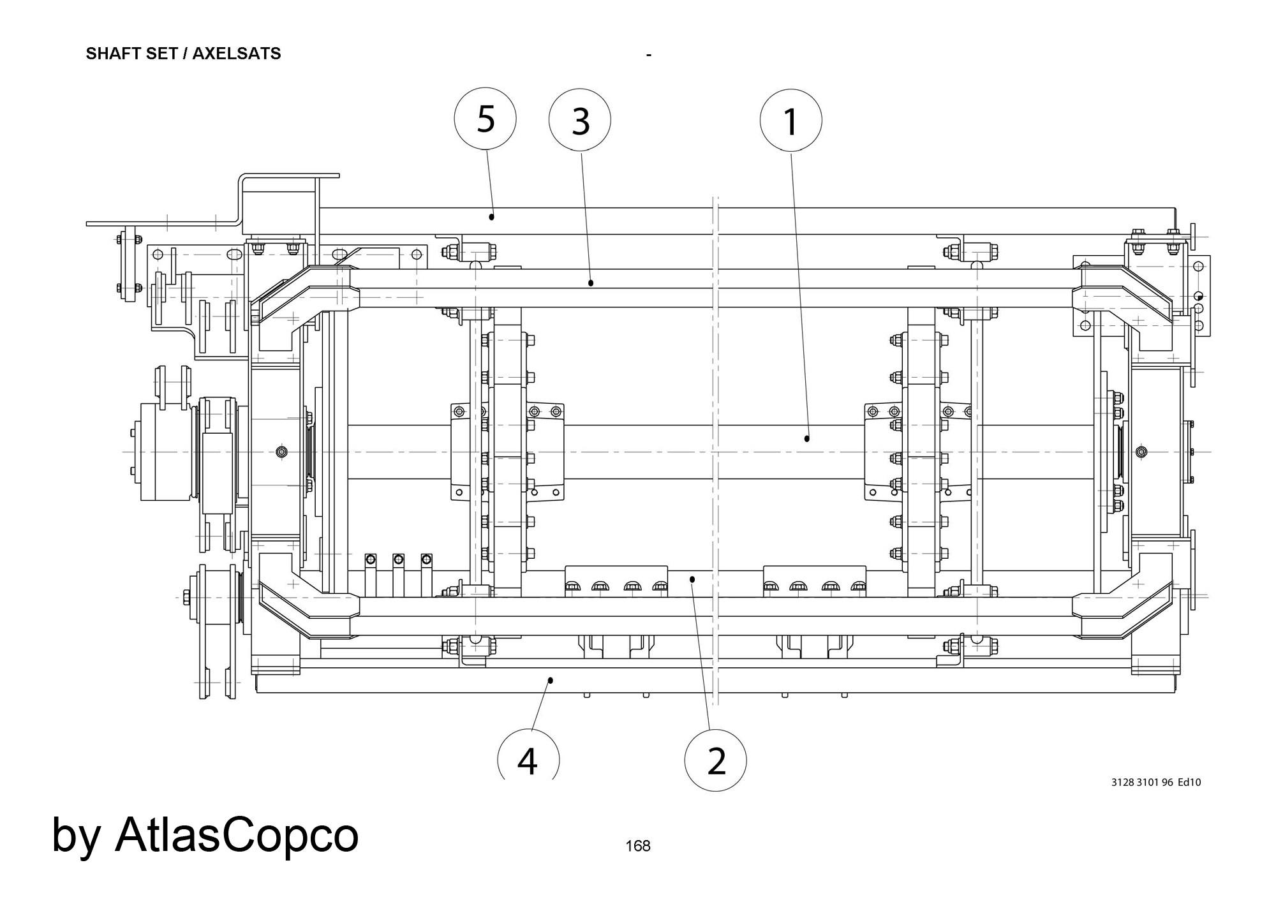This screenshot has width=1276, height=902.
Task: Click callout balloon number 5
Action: coord(485,119)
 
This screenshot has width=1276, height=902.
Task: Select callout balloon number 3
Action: coord(580,121)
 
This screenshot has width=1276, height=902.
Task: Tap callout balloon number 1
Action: coord(790,121)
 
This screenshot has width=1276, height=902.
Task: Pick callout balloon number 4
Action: coord(528,759)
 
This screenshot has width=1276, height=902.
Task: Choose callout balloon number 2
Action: coord(715,760)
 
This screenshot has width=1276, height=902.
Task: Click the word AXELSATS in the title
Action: coord(237,54)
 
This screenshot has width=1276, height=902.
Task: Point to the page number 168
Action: coord(638,846)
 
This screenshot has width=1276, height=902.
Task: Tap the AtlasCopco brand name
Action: coord(237,834)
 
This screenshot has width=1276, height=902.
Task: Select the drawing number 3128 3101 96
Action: coord(1142,782)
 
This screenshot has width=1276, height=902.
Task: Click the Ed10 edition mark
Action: coord(1189,782)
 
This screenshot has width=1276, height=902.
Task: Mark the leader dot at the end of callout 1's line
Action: coord(807,438)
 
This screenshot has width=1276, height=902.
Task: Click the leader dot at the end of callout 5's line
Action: coord(492,217)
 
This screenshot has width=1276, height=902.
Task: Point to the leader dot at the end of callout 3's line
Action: coord(591,283)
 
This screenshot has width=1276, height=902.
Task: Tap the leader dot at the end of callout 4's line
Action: coord(551,680)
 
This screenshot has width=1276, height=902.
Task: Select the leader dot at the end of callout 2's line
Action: coord(692,579)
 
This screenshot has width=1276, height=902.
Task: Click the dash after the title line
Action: coord(648,56)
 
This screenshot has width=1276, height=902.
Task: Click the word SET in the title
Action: coord(161,54)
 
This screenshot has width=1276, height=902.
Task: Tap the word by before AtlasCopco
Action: coord(75,836)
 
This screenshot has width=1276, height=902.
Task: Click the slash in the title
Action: coord(185,54)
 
